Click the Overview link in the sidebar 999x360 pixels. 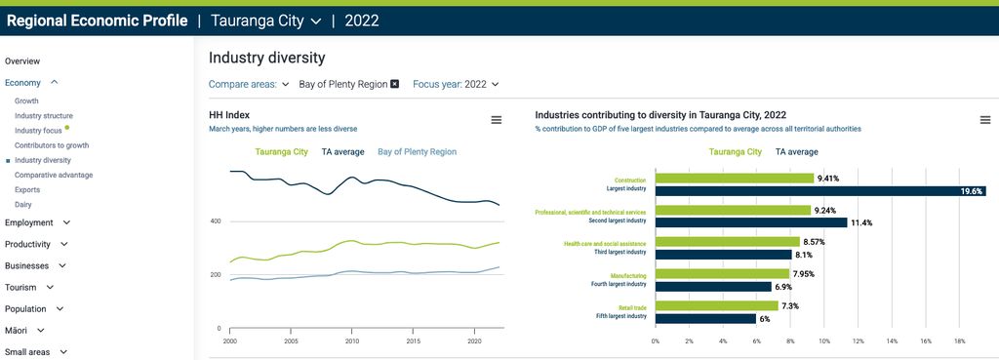(22, 61)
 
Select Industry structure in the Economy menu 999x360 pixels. (44, 115)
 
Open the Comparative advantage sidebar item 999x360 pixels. (54, 175)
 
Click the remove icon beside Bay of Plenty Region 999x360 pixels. (395, 84)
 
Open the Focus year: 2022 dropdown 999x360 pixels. (456, 84)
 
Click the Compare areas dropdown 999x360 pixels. (249, 84)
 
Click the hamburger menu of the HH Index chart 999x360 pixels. (497, 120)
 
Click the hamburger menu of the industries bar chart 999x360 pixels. (984, 120)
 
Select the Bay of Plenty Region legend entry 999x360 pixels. (417, 152)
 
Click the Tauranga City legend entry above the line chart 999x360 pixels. (281, 152)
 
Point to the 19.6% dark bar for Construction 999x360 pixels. (819, 191)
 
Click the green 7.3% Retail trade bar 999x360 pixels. (716, 306)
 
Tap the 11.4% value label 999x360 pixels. (861, 223)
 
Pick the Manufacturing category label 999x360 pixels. (628, 275)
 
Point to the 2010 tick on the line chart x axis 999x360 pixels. (352, 342)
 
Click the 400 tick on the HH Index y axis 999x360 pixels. (216, 221)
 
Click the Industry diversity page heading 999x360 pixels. (266, 59)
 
